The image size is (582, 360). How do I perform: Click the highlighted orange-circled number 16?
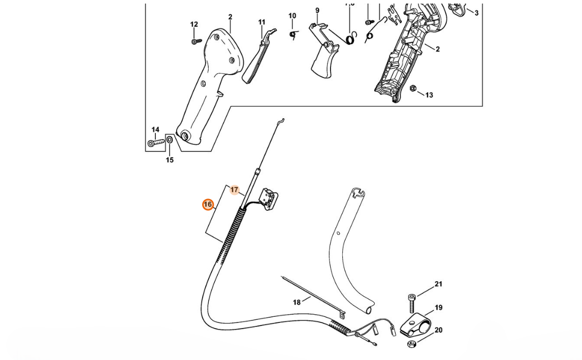[x=207, y=205]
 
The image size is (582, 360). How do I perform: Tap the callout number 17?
[x=234, y=190]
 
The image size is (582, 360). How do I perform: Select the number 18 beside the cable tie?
[x=297, y=302]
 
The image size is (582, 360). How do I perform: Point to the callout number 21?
[x=438, y=284]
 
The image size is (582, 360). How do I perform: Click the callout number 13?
[x=429, y=95]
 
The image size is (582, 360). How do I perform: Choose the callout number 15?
[x=170, y=160]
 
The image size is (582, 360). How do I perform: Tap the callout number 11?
[x=262, y=22]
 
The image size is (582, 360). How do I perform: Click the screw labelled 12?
[x=194, y=41]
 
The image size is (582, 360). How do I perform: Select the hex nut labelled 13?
[x=412, y=88]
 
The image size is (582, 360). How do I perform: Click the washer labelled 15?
[x=170, y=140]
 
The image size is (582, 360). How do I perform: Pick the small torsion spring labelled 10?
[x=293, y=34]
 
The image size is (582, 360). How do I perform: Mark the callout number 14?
[x=155, y=130]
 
